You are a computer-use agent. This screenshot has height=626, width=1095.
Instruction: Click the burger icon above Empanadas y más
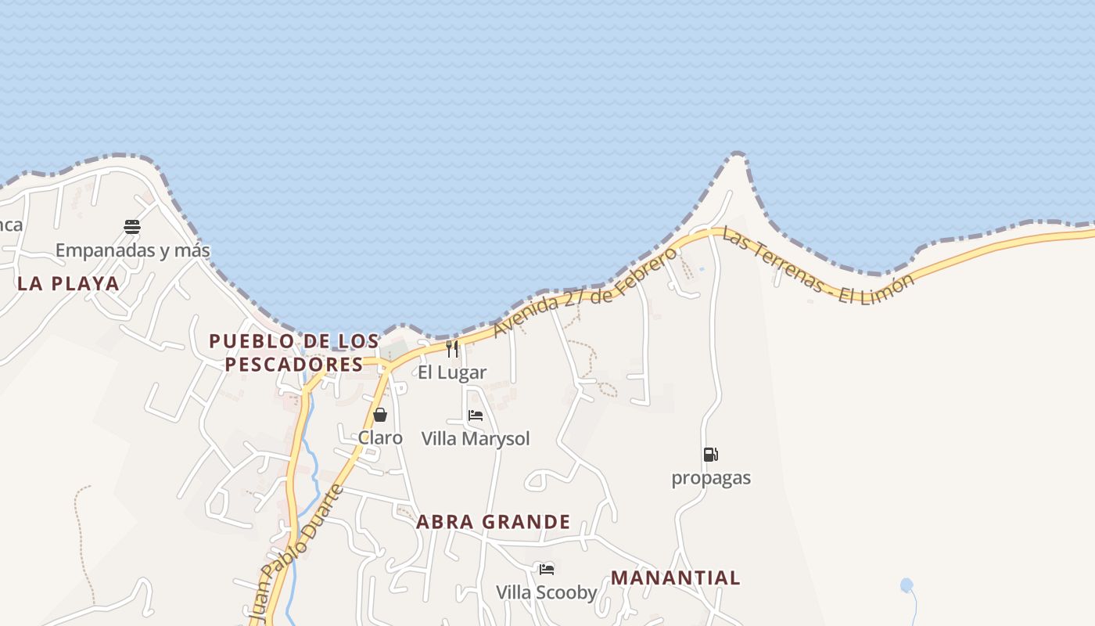(132, 227)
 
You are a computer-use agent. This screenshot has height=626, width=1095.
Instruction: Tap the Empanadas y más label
(132, 250)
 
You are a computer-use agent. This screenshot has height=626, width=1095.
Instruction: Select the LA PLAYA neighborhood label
(68, 283)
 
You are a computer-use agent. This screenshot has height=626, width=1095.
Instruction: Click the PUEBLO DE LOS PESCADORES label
(294, 352)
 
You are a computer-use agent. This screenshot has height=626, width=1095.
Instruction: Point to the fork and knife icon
(452, 348)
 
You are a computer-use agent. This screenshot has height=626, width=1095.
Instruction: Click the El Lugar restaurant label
(452, 372)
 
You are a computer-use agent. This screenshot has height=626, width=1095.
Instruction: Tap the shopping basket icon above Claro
(380, 415)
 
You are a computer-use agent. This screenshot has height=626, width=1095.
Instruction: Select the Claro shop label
(380, 437)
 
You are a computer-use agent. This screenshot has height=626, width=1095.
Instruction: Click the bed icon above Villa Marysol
(476, 416)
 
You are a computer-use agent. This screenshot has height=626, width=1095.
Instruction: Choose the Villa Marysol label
(476, 439)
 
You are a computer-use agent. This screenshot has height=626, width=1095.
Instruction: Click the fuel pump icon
(710, 455)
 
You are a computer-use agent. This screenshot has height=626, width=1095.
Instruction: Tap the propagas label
(711, 478)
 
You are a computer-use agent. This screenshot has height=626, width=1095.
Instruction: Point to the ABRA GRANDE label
(494, 522)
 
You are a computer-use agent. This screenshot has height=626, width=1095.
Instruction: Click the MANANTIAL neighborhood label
(675, 578)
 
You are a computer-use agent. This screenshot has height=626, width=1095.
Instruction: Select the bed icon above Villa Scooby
(547, 569)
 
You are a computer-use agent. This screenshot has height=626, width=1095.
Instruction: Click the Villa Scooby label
(547, 592)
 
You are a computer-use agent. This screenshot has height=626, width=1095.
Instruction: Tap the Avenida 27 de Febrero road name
(586, 293)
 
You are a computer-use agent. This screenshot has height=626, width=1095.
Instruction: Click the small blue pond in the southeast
(907, 585)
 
